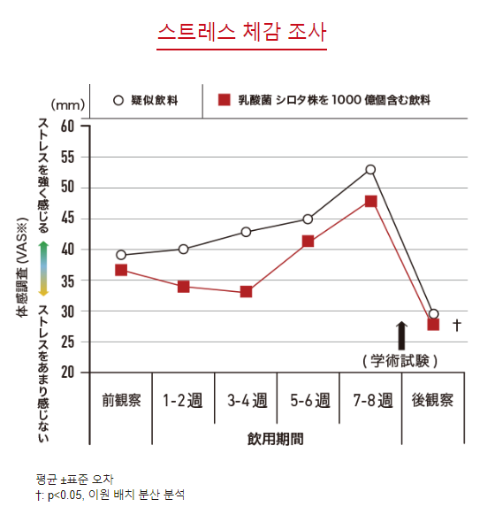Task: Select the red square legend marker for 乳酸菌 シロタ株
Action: click(225, 100)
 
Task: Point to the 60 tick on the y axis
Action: click(68, 126)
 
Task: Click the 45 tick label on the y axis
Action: click(68, 219)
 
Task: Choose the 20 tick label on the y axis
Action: click(68, 373)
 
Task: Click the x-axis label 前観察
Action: click(121, 400)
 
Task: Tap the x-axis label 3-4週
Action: click(246, 400)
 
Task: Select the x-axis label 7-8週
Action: click(370, 400)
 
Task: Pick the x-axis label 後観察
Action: click(432, 400)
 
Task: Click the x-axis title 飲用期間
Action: click(277, 438)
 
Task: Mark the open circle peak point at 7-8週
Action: click(370, 169)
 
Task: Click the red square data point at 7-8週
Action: click(370, 201)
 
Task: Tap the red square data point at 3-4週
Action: click(246, 291)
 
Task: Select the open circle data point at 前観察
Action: click(121, 255)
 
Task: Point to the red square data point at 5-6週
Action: click(308, 241)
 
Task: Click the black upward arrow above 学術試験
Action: click(401, 334)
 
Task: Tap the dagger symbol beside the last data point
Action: click(456, 325)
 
